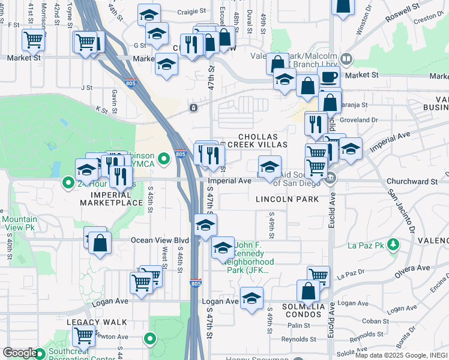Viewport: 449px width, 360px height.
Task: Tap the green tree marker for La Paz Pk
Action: point(393,245)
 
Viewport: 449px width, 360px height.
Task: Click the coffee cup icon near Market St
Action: point(328,77)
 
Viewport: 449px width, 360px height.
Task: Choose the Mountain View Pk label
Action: point(20,223)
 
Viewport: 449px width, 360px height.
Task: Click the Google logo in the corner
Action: point(20,353)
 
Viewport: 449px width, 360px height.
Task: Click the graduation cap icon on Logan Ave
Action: point(252,298)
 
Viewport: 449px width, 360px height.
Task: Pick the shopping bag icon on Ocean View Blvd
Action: point(100,244)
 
